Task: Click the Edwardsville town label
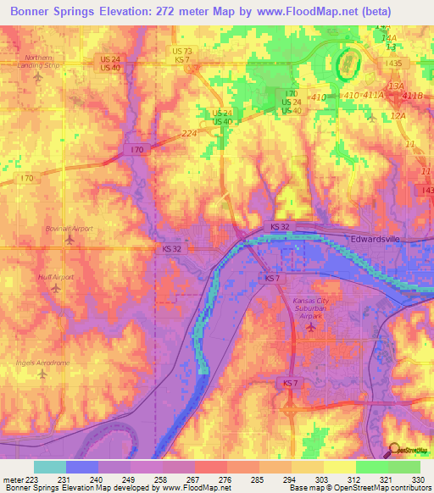pyautogui.click(x=380, y=240)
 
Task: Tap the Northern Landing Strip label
pyautogui.click(x=39, y=61)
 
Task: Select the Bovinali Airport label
pyautogui.click(x=70, y=229)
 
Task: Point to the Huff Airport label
pyautogui.click(x=57, y=277)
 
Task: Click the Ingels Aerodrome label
pyautogui.click(x=42, y=363)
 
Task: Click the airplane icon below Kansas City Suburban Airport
pyautogui.click(x=311, y=326)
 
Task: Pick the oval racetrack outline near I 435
pyautogui.click(x=346, y=63)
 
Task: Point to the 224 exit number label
pyautogui.click(x=188, y=133)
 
